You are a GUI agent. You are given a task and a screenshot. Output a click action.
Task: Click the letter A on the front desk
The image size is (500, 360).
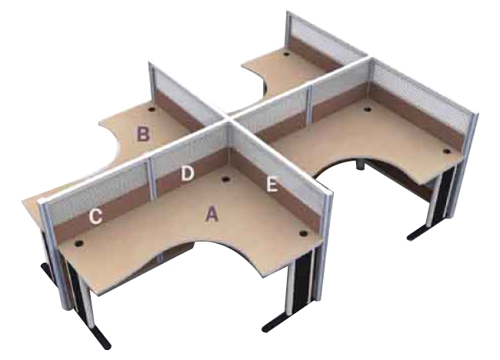tap(212, 213)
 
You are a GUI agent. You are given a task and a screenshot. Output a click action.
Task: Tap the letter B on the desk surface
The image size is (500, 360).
tap(143, 134)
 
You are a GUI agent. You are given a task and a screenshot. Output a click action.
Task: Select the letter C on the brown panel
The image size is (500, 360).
tap(95, 216)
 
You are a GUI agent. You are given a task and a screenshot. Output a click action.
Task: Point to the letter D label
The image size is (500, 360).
tap(187, 174)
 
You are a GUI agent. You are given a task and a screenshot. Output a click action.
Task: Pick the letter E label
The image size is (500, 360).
tap(272, 185)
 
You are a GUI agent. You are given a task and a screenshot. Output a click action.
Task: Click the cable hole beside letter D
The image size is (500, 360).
tap(226, 179)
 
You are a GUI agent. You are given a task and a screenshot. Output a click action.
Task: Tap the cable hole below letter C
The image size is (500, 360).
tap(78, 244)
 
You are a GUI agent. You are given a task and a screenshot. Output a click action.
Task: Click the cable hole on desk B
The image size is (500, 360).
tap(152, 109)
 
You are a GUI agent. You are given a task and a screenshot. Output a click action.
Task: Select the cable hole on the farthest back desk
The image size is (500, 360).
tap(286, 54)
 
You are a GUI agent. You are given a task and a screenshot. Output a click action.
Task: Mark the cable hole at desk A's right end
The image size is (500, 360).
tap(303, 234)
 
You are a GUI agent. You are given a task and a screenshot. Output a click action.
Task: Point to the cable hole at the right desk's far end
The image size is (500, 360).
tap(447, 152)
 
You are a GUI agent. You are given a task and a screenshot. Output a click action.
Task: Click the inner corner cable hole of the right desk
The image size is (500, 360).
tap(368, 110)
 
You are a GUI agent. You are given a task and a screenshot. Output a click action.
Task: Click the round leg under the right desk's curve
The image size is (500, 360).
tap(360, 164)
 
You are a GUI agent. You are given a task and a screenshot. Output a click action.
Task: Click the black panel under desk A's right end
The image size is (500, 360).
tap(302, 278)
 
